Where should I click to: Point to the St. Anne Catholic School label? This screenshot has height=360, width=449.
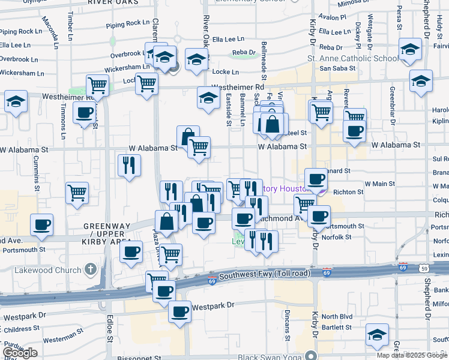(352, 59)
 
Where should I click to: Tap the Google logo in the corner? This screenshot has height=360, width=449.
(20, 353)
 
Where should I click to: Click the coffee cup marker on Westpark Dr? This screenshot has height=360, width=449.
(179, 312)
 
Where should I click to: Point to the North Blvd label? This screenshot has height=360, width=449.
(336, 317)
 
